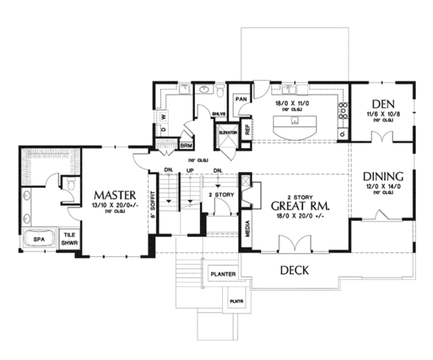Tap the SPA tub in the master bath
37,241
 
